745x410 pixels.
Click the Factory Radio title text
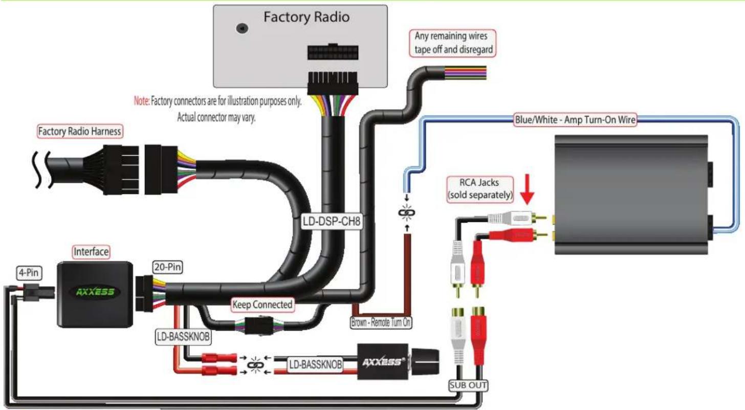coord(306,17)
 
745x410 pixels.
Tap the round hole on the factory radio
coord(242,28)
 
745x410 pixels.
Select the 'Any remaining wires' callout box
coord(452,43)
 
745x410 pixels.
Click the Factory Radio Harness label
coord(79,131)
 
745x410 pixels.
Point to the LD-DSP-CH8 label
coord(332,221)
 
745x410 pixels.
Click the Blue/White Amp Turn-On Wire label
coord(575,119)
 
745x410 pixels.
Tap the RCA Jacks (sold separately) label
coord(479,189)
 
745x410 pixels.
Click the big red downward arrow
coord(527,189)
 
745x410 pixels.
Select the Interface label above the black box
coord(91,252)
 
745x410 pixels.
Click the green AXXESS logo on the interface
coord(95,292)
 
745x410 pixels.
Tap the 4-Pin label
coord(29,273)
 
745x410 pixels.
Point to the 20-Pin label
coord(168,267)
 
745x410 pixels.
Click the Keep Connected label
coord(262,305)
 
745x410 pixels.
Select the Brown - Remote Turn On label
coord(381,322)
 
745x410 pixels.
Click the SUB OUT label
coord(468,385)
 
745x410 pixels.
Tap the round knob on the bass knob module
coord(425,362)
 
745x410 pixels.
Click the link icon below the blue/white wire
coord(407,212)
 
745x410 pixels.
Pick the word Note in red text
coord(142,100)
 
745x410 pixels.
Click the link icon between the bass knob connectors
coord(256,365)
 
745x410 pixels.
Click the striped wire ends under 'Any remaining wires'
coord(465,73)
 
